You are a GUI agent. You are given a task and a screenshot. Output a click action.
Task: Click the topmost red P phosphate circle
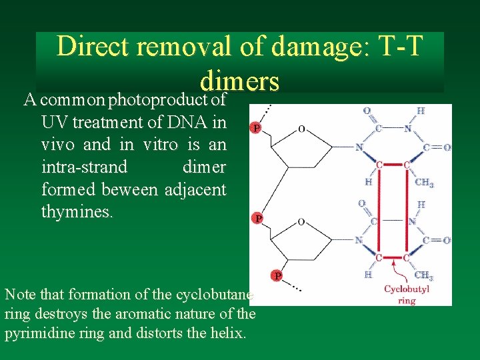255,127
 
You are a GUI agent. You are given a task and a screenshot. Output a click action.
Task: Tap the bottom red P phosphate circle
276,275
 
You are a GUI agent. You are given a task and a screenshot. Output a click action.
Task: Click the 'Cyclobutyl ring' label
407,295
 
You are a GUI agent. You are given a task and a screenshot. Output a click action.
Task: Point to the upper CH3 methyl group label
424,182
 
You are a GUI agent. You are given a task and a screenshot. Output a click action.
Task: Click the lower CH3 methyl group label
423,275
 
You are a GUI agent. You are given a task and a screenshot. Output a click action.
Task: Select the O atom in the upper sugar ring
302,129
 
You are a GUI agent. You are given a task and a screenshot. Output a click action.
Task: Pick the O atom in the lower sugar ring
302,221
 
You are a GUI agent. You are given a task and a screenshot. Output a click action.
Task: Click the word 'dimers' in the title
239,81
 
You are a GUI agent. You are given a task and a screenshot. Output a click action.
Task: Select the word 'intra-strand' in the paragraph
84,167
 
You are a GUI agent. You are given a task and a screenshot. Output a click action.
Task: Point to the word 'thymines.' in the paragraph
77,213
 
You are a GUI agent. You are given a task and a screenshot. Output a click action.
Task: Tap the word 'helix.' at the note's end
228,333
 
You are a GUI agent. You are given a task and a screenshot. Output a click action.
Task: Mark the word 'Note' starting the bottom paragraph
18,294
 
